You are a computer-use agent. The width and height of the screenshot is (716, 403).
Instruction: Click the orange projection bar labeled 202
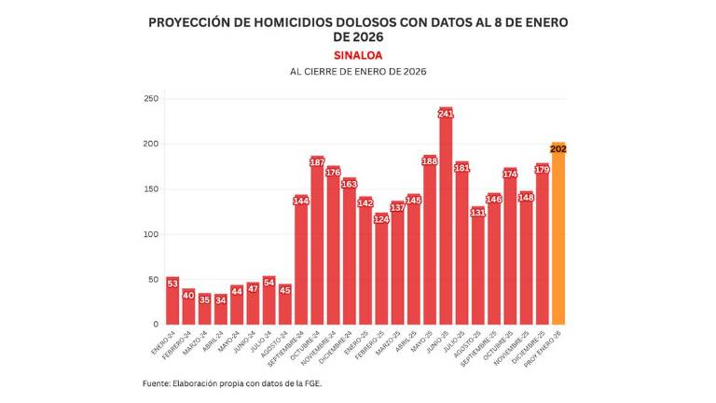(558, 238)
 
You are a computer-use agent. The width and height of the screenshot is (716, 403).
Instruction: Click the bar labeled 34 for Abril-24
(220, 311)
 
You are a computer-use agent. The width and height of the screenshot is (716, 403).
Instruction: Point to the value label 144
(301, 201)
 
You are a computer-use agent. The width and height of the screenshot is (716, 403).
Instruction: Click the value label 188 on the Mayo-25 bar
(430, 161)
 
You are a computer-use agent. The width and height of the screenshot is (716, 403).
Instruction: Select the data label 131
(478, 213)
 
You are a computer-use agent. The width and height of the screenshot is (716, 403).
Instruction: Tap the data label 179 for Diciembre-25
(543, 169)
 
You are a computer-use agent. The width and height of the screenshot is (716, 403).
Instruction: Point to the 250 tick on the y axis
(151, 99)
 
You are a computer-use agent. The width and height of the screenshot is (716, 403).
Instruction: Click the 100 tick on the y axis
(151, 234)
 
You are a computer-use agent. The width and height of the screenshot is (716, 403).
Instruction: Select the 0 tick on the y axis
(156, 325)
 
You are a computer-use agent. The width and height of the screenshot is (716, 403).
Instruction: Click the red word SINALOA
(358, 55)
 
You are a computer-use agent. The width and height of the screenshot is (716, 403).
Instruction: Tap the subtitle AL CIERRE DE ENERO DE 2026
(358, 72)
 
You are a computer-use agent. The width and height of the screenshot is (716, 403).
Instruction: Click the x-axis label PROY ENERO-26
(545, 347)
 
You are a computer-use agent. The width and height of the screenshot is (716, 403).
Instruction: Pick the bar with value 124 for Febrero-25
(381, 271)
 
